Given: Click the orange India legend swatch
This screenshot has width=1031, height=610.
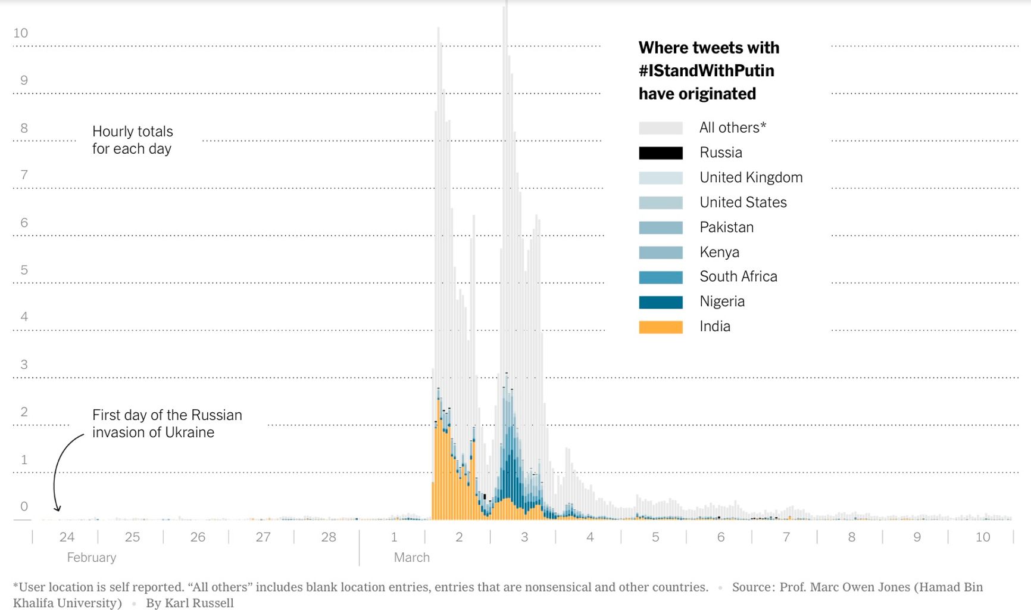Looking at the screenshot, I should pyautogui.click(x=661, y=327).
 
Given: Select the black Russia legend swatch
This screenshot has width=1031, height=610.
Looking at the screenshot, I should pyautogui.click(x=661, y=153).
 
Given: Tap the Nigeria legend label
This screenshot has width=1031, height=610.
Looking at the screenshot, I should pyautogui.click(x=722, y=301).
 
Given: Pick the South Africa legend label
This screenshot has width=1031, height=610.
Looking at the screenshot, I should pyautogui.click(x=738, y=276).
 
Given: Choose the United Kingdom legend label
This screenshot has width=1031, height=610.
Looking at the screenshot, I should pyautogui.click(x=751, y=178).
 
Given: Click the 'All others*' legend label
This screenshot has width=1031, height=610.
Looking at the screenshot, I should pyautogui.click(x=732, y=127).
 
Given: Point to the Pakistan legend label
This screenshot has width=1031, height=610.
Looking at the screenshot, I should pyautogui.click(x=726, y=227).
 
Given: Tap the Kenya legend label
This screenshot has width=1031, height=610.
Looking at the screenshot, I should pyautogui.click(x=719, y=252).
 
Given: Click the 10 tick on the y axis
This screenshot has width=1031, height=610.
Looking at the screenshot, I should pyautogui.click(x=21, y=33).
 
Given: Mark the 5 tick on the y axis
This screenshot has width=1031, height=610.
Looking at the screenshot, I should pyautogui.click(x=24, y=270).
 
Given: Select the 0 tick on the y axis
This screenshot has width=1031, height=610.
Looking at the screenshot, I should pyautogui.click(x=24, y=506).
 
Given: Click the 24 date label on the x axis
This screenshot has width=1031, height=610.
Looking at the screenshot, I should pyautogui.click(x=67, y=537).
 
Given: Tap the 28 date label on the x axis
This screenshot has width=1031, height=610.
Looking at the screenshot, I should pyautogui.click(x=329, y=537).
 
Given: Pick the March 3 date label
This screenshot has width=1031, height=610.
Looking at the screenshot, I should pyautogui.click(x=524, y=537).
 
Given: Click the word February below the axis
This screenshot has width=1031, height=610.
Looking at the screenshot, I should pyautogui.click(x=92, y=558).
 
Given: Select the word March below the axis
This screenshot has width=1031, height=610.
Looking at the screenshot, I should pyautogui.click(x=411, y=558).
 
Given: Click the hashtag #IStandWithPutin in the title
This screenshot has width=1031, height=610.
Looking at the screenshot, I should pyautogui.click(x=706, y=71).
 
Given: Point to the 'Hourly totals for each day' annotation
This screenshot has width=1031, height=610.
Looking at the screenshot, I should pyautogui.click(x=132, y=140).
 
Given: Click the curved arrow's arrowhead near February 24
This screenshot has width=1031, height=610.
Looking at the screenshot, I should pyautogui.click(x=58, y=508).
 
